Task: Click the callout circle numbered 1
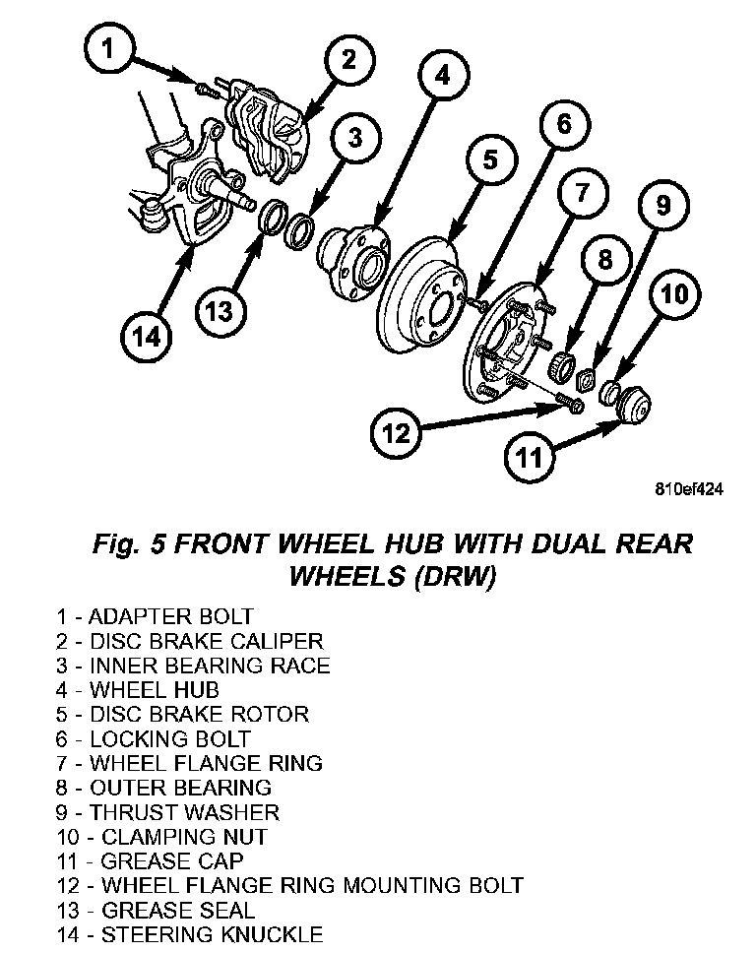(x=109, y=49)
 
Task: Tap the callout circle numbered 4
(x=442, y=75)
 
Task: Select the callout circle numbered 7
(x=581, y=192)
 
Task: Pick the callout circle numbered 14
(x=146, y=336)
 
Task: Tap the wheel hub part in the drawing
(x=351, y=256)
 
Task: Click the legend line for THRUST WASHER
(x=167, y=813)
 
